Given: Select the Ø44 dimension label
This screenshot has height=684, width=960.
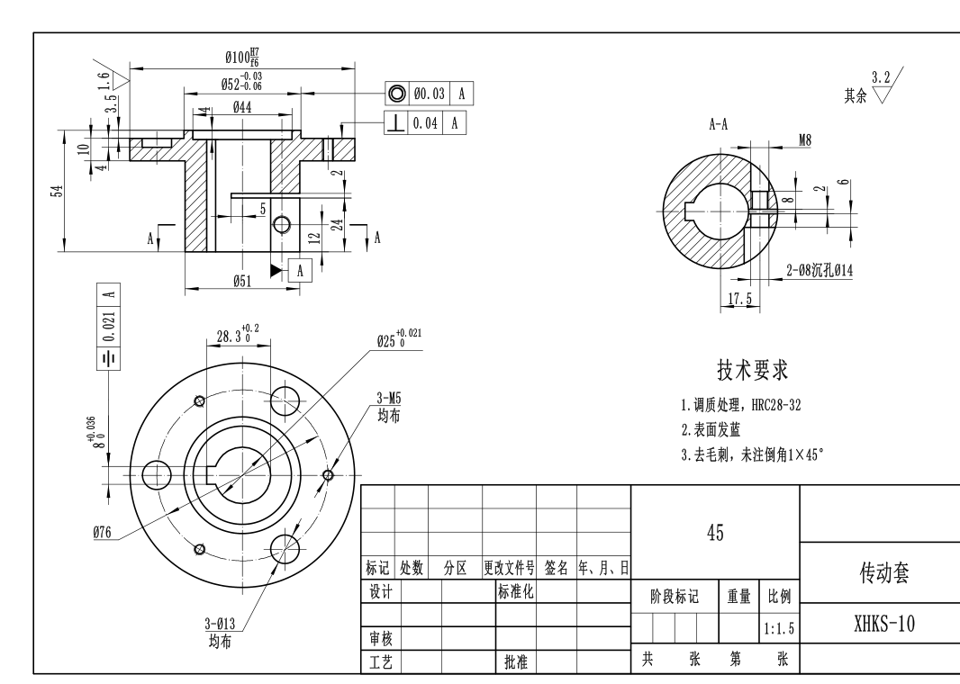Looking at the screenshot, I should tap(241, 107).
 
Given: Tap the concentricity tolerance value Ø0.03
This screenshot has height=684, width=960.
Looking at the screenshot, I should tap(429, 94).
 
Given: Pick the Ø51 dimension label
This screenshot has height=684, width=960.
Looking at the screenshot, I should tap(242, 282).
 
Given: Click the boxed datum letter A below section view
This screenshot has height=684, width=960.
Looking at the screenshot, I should tap(300, 269).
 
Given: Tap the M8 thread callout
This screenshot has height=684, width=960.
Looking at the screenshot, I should tap(805, 139).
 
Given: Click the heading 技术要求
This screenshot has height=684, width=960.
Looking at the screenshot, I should tap(752, 369).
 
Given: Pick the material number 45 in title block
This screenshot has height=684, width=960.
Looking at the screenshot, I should tap(715, 533).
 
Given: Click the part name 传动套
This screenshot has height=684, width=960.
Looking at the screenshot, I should tap(883, 573).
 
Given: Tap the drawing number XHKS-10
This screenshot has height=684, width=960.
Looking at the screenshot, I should tap(883, 624).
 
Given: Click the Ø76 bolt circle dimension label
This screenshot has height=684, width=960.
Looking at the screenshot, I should tap(102, 533).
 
